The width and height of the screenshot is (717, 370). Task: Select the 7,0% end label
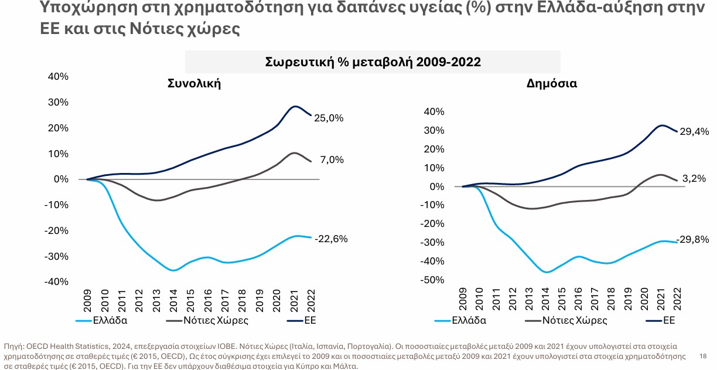(332, 159)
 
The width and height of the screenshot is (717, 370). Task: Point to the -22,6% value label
(331, 239)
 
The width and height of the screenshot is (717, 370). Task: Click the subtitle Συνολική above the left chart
(194, 83)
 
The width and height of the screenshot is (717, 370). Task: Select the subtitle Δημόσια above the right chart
(552, 83)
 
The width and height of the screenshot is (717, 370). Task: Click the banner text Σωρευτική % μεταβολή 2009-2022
(373, 62)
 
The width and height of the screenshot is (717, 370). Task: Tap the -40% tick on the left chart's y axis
(57, 281)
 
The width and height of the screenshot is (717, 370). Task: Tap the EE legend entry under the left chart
(310, 320)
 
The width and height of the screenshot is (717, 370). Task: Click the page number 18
(703, 356)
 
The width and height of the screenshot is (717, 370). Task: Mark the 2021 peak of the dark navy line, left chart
(296, 106)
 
